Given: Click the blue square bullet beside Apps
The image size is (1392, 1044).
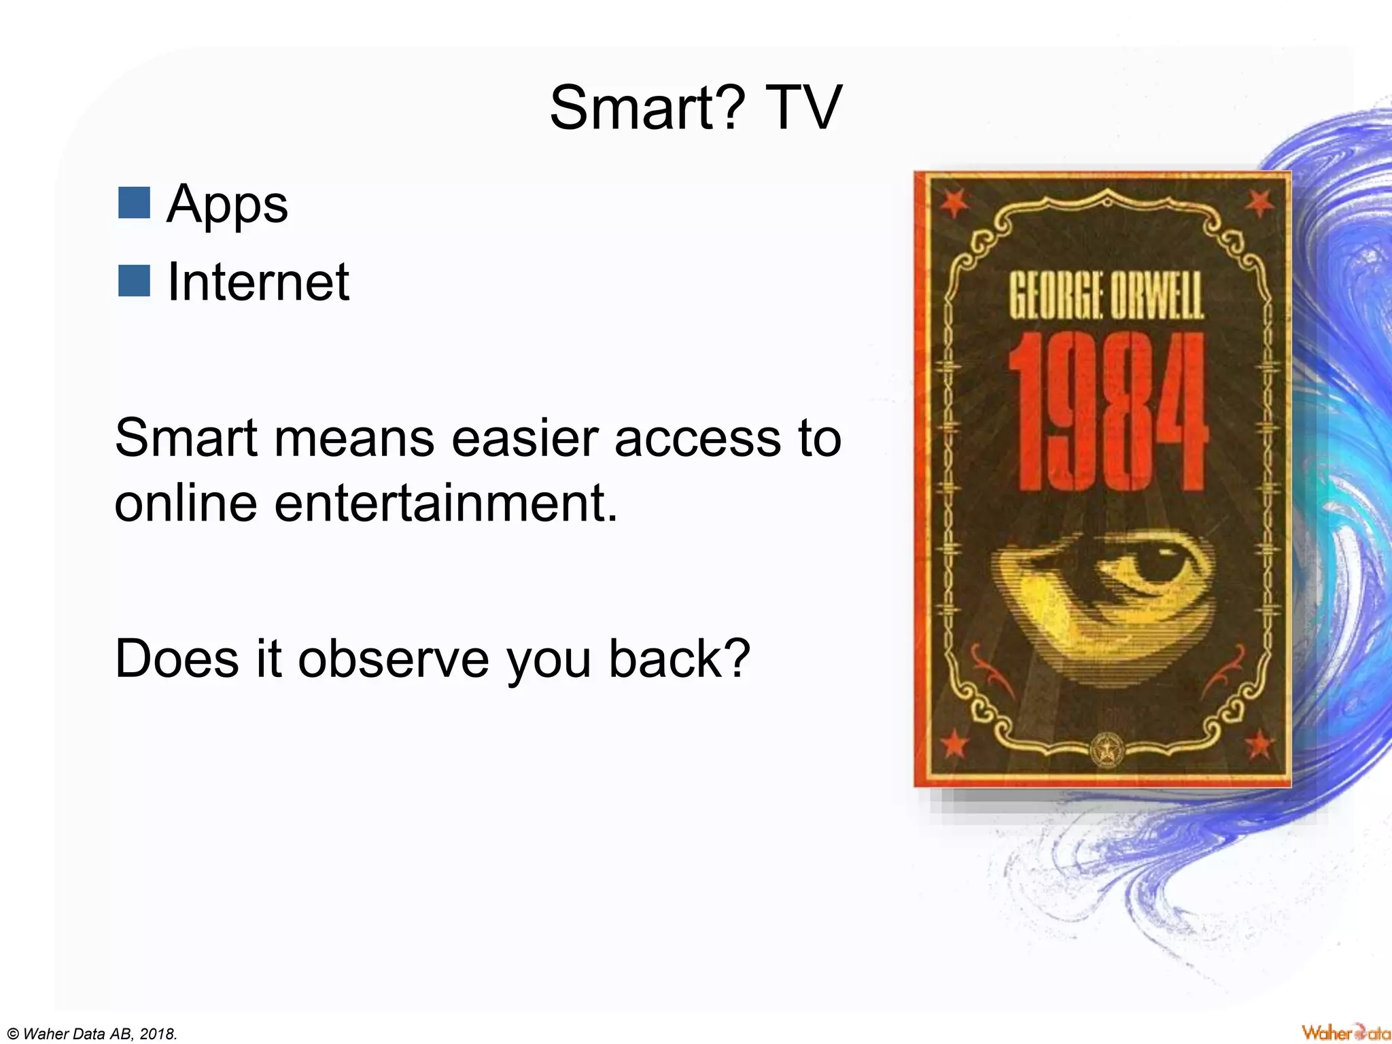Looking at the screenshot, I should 134,203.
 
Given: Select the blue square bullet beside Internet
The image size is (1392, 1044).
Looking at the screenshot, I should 134,281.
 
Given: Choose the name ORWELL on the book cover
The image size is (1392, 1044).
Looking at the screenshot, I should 1156,297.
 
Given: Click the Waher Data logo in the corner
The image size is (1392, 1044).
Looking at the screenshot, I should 1345,1032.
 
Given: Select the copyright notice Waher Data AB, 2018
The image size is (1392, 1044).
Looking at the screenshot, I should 92,1034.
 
